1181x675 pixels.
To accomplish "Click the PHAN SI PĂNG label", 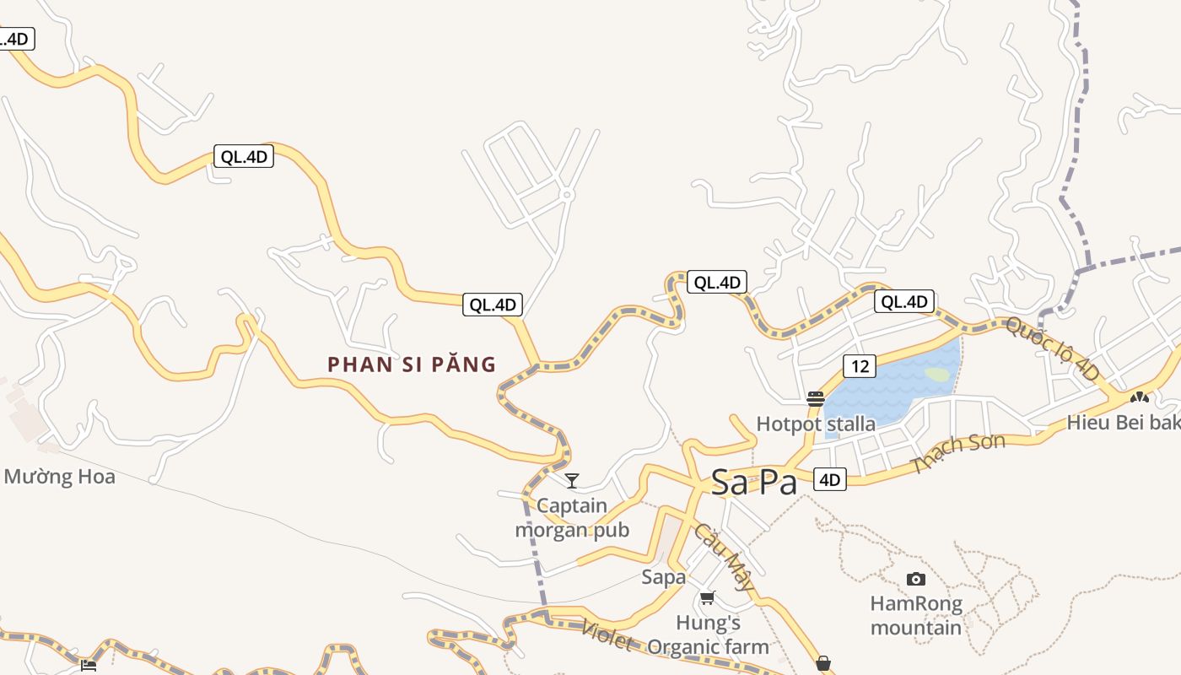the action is [x=412, y=364].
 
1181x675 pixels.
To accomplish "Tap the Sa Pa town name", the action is [x=753, y=483].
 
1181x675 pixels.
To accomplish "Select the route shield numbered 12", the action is [x=859, y=366].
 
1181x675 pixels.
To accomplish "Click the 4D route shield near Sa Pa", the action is [x=830, y=480].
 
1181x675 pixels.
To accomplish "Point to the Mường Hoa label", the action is [x=59, y=477].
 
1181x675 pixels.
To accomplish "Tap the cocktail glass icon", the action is [x=572, y=481].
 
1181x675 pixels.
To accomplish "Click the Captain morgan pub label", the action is [x=572, y=518].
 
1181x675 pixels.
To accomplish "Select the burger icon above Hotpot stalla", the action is [x=815, y=399].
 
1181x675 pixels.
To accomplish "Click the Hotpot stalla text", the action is [x=816, y=424].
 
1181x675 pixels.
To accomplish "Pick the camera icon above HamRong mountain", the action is [x=915, y=579].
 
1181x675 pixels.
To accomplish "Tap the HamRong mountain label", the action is [x=916, y=616].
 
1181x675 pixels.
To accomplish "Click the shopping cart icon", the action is [x=707, y=598].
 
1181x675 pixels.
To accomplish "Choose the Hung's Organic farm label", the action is [x=709, y=635].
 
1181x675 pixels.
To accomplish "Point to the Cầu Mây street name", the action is [x=723, y=557].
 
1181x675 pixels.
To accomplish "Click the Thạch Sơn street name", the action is [x=959, y=454].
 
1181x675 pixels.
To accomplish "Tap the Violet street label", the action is [x=607, y=635].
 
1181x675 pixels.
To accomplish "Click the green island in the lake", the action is [x=937, y=373].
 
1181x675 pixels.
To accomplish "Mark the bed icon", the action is [x=89, y=665].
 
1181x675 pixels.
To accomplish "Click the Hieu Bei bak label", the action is [x=1123, y=423].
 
